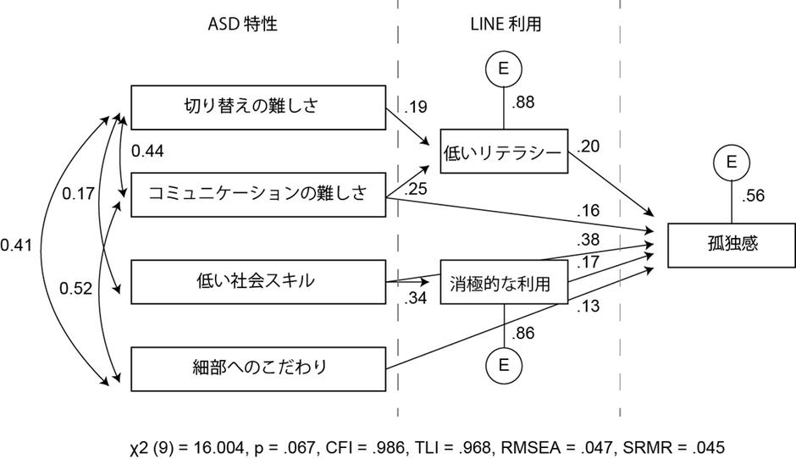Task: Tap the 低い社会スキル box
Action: coord(257,280)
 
